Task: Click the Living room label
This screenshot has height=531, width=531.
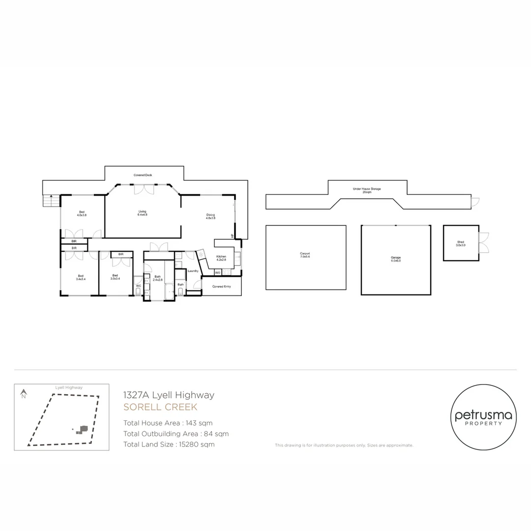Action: click(143, 213)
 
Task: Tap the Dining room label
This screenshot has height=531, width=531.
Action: click(210, 216)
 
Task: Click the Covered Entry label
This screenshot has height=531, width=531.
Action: click(221, 286)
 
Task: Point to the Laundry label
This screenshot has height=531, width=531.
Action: click(193, 271)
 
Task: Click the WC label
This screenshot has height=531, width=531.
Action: click(139, 285)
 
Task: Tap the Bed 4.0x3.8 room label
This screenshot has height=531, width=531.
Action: click(82, 213)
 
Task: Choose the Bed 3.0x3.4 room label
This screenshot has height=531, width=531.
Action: click(116, 277)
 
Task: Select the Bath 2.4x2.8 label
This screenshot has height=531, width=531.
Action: click(157, 278)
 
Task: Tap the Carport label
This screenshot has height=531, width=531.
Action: click(305, 255)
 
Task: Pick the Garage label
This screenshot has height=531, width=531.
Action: click(396, 259)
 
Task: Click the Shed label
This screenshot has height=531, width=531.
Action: click(461, 243)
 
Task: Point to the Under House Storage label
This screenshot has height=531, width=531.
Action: click(367, 190)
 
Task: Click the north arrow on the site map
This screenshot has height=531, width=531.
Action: click(23, 393)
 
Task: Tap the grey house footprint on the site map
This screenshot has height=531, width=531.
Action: click(84, 429)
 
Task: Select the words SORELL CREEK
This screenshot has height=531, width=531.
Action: click(160, 407)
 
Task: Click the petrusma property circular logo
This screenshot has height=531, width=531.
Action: click(483, 417)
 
